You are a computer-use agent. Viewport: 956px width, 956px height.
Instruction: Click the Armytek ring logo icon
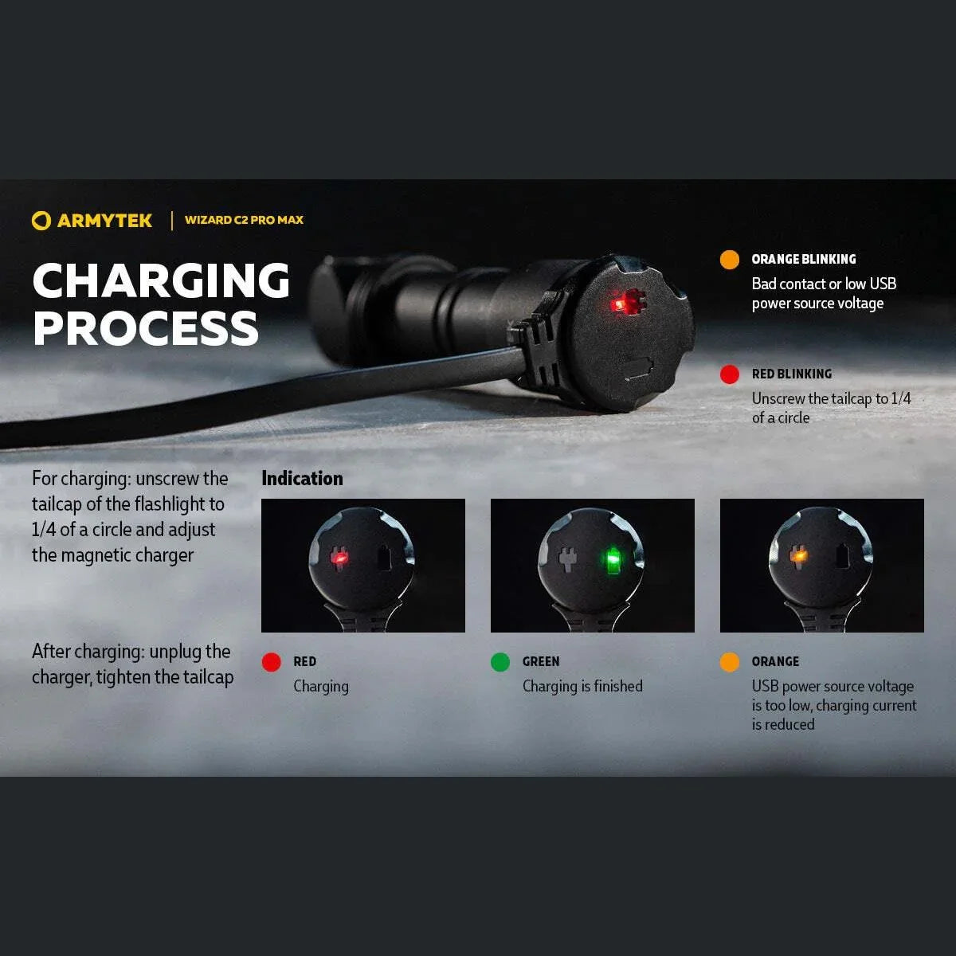pos(41,221)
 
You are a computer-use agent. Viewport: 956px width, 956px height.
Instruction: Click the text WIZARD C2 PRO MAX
pos(244,220)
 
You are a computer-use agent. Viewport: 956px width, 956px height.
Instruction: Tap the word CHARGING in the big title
pos(161,280)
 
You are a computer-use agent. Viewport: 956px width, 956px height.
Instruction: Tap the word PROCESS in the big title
pos(146,327)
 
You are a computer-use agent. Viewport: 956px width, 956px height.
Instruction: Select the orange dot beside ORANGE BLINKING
pos(729,260)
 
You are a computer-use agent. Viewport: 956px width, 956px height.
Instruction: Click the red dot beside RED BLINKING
pos(729,374)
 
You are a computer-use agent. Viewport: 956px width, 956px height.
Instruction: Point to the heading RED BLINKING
pos(791,374)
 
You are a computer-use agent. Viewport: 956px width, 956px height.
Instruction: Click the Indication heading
pos(302,478)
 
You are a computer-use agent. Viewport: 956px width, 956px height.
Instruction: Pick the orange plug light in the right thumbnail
pos(798,554)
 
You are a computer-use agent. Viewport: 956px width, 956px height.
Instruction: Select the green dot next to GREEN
pos(500,662)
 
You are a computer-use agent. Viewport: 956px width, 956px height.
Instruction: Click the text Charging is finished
pos(582,686)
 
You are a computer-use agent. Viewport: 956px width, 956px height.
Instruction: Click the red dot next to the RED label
pos(271,662)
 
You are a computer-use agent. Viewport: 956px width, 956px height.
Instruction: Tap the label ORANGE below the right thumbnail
pos(774,661)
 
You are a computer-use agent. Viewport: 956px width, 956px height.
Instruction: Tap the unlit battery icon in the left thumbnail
pos(385,558)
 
